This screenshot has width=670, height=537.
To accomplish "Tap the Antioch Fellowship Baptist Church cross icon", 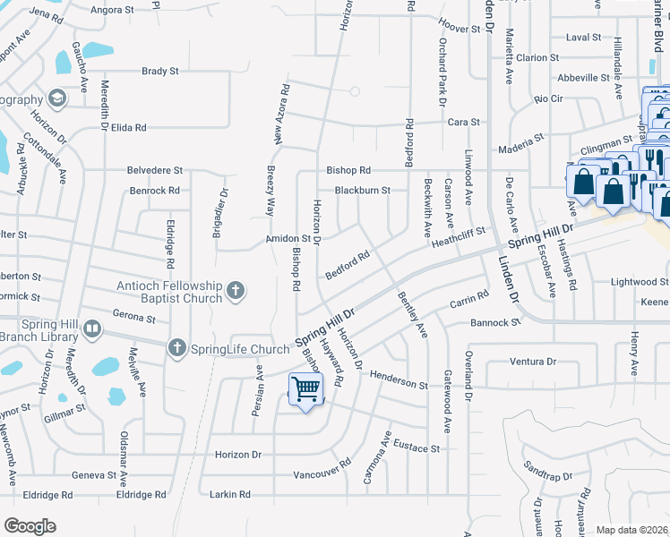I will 236,289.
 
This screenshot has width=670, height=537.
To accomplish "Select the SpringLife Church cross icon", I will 177,347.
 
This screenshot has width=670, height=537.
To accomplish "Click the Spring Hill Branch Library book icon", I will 90,330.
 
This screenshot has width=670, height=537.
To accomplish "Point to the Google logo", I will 30,525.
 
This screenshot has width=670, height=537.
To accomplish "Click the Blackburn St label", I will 363,190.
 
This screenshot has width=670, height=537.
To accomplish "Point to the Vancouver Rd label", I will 321,470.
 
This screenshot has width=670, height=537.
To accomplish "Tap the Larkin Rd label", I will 231,494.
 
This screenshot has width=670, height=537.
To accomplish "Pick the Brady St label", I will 161,71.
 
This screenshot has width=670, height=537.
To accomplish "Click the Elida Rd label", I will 128,128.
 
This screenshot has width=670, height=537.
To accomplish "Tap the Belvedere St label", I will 155,169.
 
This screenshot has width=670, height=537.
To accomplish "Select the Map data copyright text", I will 632,530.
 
